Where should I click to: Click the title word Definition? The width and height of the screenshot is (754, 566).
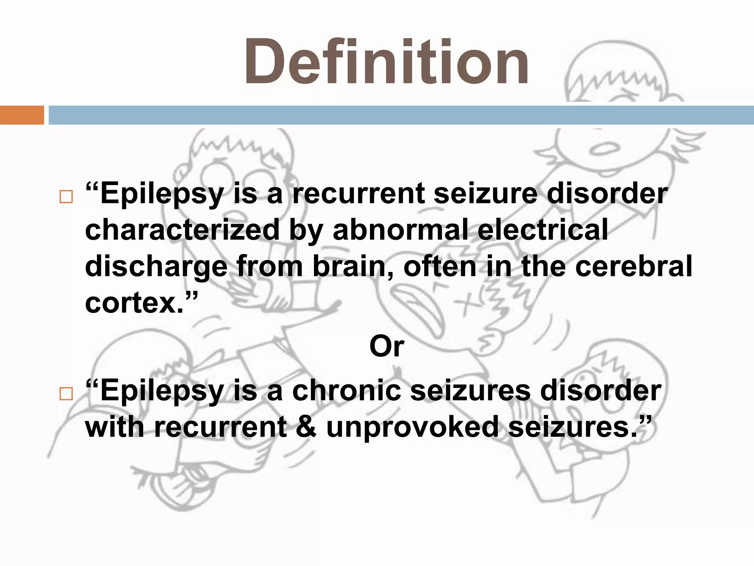point(387,62)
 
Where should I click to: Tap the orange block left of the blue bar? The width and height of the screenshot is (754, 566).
point(22,115)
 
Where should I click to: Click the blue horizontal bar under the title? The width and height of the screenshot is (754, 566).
point(401,115)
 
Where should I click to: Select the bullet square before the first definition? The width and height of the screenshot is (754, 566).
point(66,197)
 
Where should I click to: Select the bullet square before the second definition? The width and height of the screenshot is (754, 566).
point(66,394)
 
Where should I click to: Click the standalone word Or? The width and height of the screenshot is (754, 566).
point(387,346)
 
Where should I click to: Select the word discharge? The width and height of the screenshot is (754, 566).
point(156,267)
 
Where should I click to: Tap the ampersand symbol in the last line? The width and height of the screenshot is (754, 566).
point(306,427)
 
